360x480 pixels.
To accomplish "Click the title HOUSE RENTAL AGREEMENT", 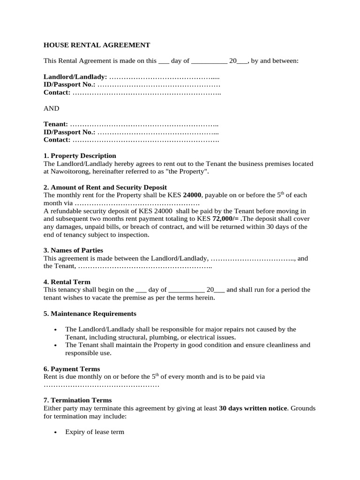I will point(97,45).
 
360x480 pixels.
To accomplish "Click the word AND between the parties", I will point(52,108).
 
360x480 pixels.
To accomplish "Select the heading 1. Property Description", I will point(80,156).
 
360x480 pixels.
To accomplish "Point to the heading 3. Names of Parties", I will point(73,250).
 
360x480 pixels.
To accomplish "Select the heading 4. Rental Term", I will point(67,282).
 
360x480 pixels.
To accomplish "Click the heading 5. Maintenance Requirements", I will point(90,313).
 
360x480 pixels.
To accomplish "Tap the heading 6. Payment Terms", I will point(72,369).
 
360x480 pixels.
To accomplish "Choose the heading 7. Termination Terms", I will point(78,400).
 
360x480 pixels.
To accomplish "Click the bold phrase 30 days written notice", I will point(253,408).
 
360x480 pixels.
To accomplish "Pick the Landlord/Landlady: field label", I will point(75,76).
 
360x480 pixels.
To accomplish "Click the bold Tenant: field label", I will point(56,124).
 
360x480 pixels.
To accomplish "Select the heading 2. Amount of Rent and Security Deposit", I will point(105,187).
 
